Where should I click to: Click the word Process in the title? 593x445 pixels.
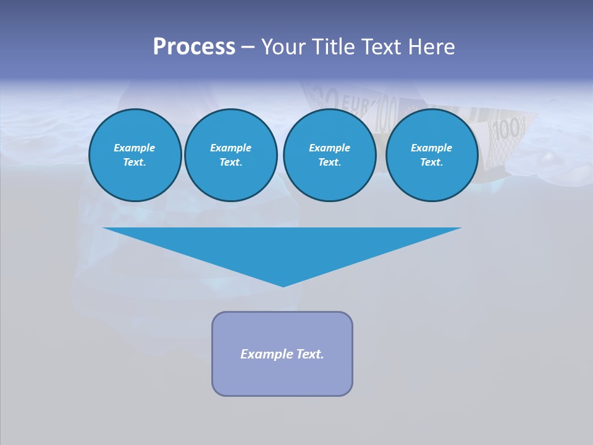194,47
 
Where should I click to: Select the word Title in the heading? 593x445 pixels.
335,47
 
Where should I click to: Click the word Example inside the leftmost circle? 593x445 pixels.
135,148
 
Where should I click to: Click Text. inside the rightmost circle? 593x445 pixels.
431,162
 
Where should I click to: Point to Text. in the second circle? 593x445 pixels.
230,162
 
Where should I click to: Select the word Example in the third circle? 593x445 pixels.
329,148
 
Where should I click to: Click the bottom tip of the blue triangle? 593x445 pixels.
283,286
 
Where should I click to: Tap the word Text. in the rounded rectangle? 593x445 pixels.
310,354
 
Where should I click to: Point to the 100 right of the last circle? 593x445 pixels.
508,130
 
